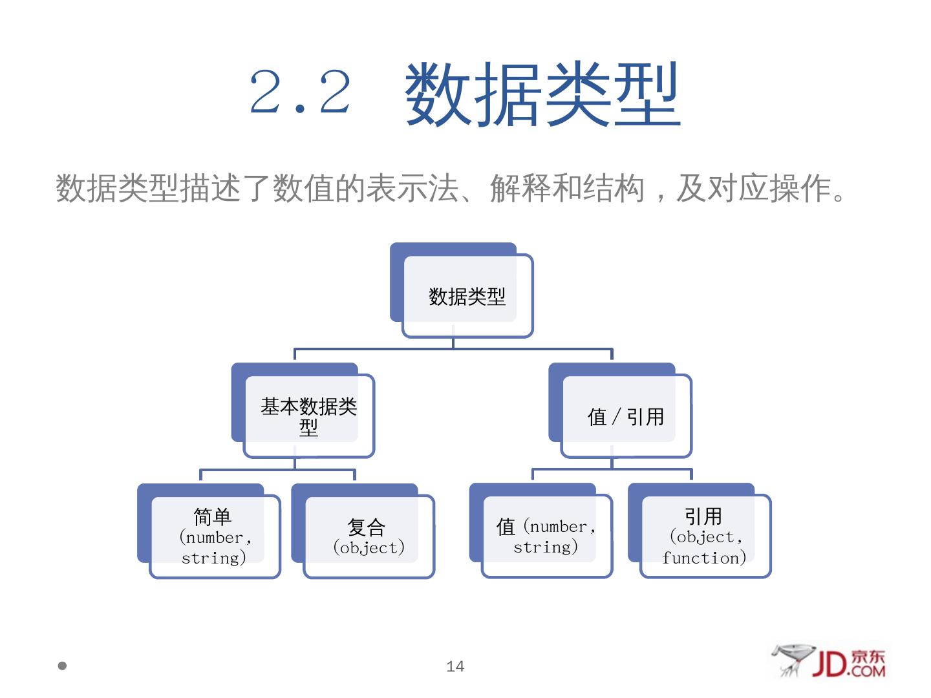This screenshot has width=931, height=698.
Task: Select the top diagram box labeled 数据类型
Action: (x=467, y=297)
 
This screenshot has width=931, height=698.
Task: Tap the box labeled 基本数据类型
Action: (x=308, y=416)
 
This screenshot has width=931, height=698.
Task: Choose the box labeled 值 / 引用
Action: (x=625, y=417)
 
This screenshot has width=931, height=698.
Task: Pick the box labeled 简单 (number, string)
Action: (x=214, y=536)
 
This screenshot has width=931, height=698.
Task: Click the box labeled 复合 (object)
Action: (x=368, y=536)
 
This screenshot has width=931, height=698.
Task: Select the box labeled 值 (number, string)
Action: (x=546, y=536)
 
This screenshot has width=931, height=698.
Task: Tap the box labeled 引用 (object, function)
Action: (x=705, y=536)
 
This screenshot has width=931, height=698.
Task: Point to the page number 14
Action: (x=455, y=666)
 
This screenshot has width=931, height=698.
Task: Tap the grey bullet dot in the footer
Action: (x=63, y=665)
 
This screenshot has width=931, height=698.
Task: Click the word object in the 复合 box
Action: (x=369, y=548)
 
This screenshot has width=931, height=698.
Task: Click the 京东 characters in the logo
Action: (x=868, y=656)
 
